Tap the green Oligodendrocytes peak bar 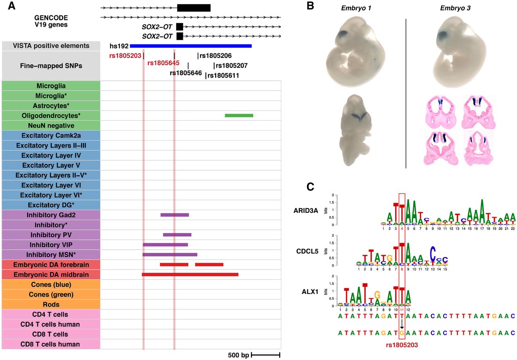pos(239,116)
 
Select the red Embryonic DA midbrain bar pos(190,274)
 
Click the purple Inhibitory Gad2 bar pos(174,215)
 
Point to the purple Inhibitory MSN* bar pos(170,255)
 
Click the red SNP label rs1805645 pos(164,63)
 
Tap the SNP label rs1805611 pos(223,75)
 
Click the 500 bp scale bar pos(265,355)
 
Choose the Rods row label pos(51,304)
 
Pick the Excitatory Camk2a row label pos(51,135)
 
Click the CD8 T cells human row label pos(51,344)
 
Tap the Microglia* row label pos(51,96)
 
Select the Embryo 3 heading pos(456,8)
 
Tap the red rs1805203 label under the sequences pos(401,345)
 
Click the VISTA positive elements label pos(51,46)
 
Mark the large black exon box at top pos(194,8)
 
